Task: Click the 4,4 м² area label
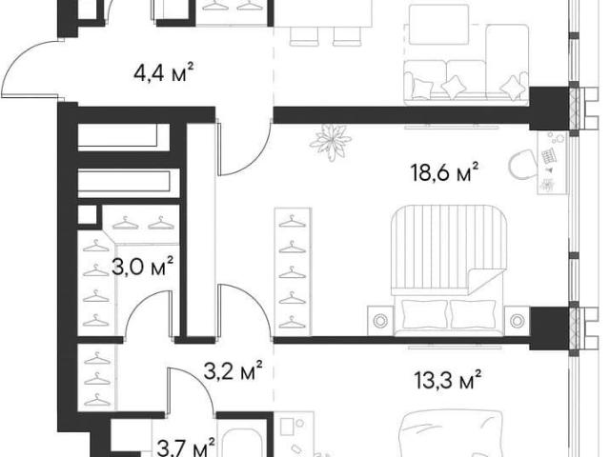click(163, 72)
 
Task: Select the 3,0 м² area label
click(142, 267)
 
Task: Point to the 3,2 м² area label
click(233, 371)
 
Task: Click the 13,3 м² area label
click(447, 380)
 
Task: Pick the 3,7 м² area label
click(186, 447)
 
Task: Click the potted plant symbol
click(331, 142)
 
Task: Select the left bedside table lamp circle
click(380, 321)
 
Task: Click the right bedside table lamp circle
click(517, 321)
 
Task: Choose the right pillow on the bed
click(473, 315)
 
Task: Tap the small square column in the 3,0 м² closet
click(87, 215)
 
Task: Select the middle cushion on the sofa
click(452, 86)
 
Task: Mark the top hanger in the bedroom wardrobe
click(293, 222)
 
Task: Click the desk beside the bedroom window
click(553, 163)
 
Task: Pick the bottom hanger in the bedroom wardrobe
click(293, 322)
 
